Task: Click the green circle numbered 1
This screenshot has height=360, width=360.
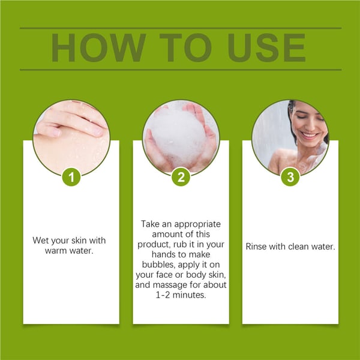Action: (71, 177)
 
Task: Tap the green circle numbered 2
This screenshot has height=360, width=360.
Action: (181, 177)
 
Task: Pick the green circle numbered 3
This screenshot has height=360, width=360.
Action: (290, 177)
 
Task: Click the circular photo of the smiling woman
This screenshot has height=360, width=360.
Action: (290, 137)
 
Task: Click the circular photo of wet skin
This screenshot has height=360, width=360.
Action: (71, 137)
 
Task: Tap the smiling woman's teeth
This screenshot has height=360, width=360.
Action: (308, 135)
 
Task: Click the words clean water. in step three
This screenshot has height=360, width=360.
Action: (313, 246)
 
